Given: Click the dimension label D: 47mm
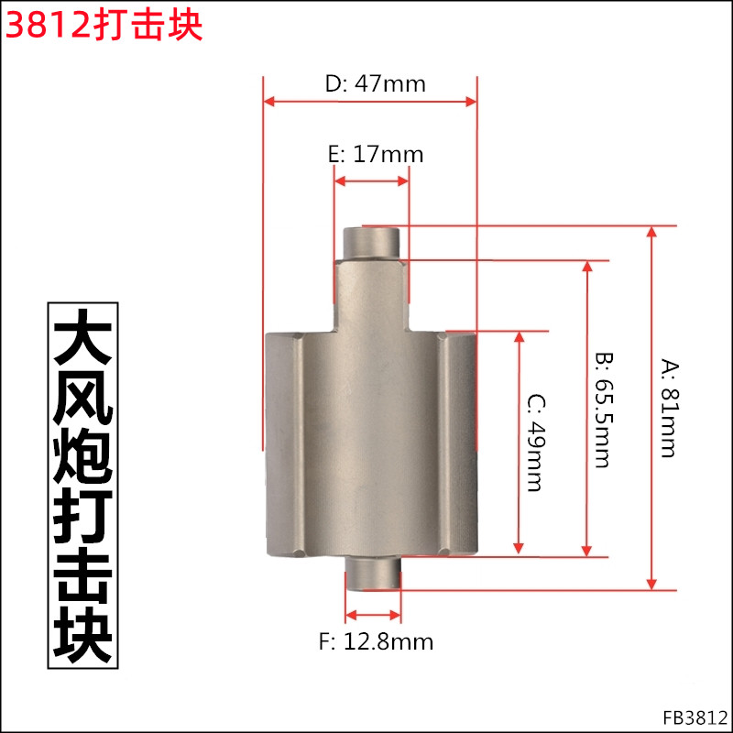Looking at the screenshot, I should [376, 84].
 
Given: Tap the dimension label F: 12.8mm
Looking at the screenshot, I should [376, 641].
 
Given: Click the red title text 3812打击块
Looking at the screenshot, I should [104, 25].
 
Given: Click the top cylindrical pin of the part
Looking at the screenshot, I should [371, 244].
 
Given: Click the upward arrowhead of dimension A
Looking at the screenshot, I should [651, 233].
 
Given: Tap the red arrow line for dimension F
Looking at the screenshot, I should [373, 615].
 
